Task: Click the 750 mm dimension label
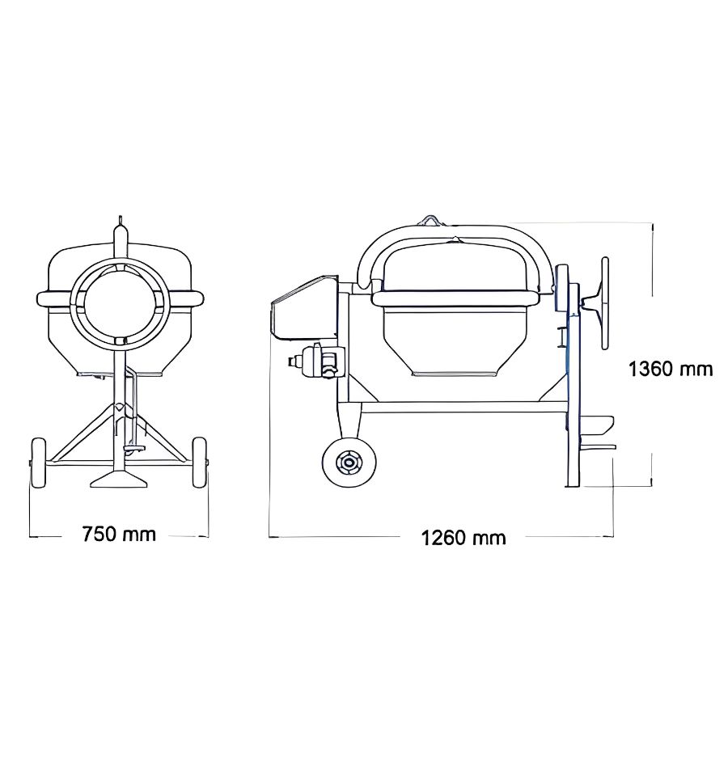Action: coord(119,535)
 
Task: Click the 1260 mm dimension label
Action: coord(463,538)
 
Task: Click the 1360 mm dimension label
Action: coord(671,369)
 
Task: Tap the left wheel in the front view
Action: coord(37,463)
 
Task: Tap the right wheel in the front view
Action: coord(200,463)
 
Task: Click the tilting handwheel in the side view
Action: coord(604,302)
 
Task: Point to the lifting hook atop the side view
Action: coord(431,220)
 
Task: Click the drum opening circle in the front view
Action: coord(120,303)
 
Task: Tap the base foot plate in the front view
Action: coord(119,480)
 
